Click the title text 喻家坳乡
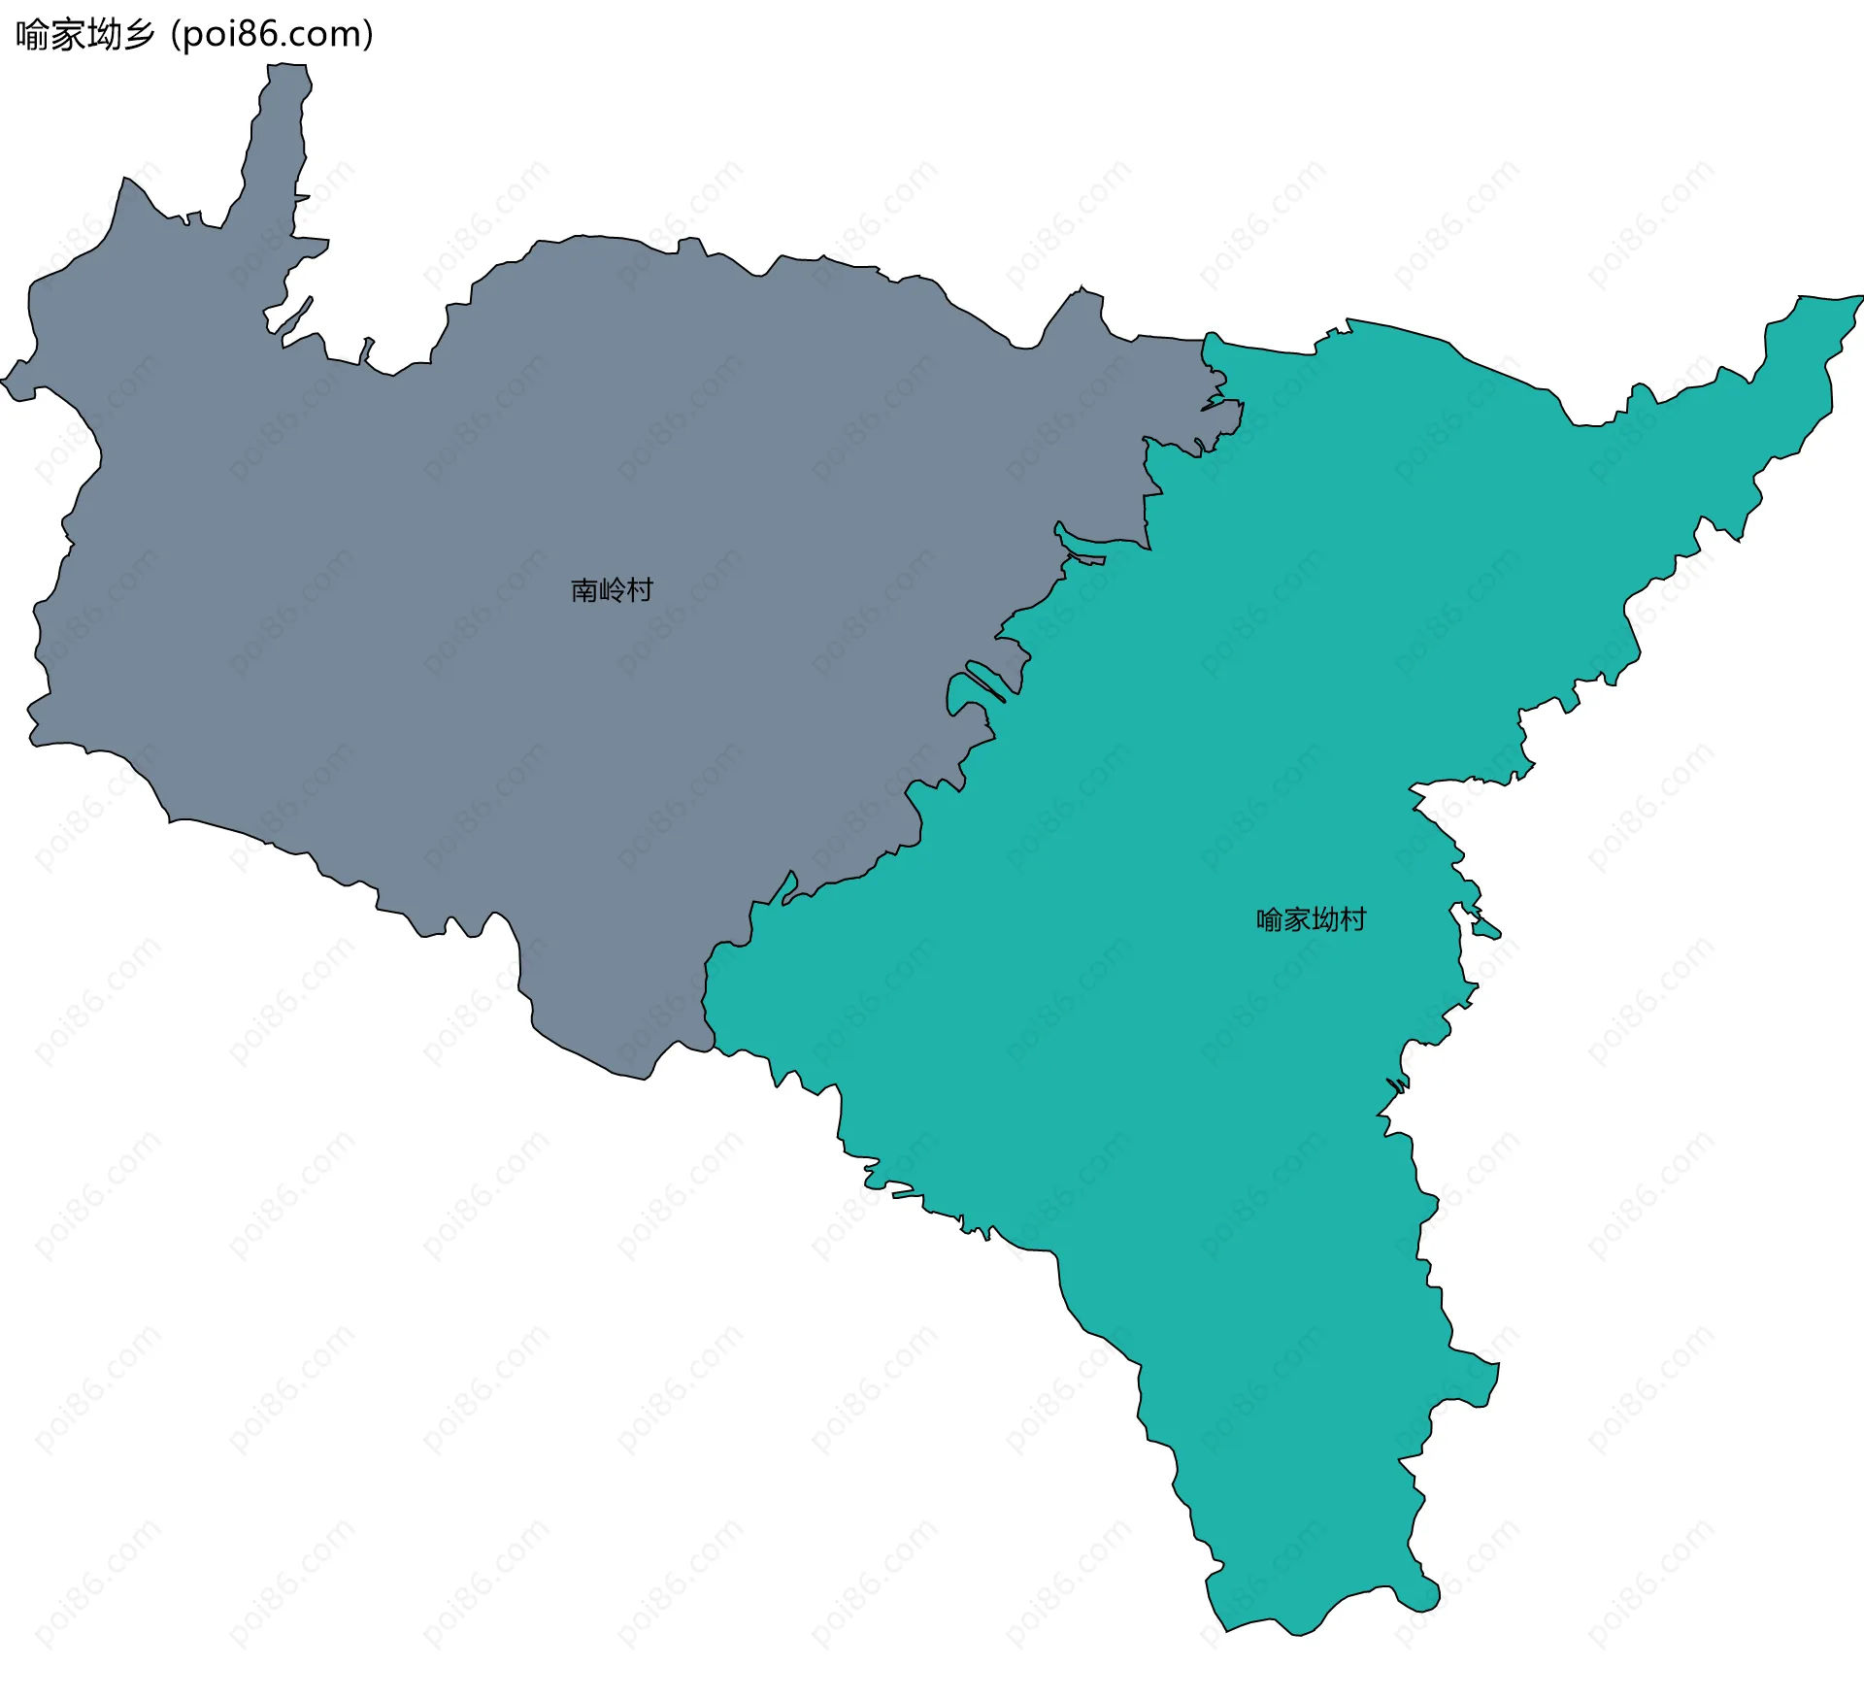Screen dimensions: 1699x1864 [85, 35]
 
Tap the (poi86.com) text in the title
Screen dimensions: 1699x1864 [272, 35]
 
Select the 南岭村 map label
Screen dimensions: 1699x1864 [612, 590]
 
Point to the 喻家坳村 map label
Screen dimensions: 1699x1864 [1311, 919]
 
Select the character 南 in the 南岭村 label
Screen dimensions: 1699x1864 [584, 590]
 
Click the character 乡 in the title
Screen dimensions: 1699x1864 [139, 35]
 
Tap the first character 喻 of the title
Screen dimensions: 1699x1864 [32, 35]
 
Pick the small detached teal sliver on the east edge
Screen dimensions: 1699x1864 [1486, 931]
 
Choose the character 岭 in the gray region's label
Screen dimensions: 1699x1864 [613, 590]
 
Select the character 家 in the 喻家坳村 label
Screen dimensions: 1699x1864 [1297, 919]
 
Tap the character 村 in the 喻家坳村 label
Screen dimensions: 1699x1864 [1353, 919]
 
